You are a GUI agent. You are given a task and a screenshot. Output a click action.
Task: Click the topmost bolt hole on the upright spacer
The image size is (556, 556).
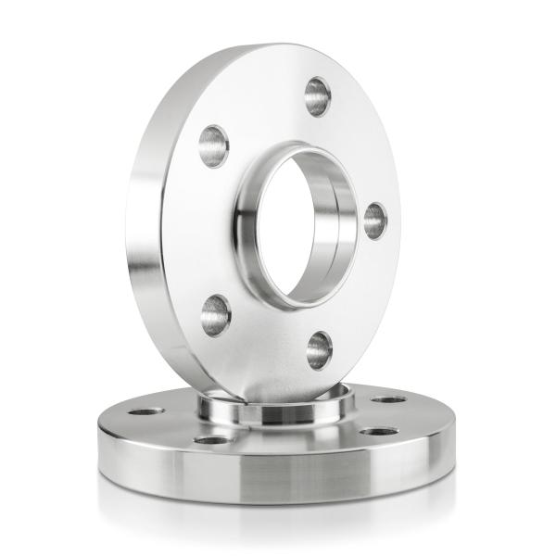click(318, 95)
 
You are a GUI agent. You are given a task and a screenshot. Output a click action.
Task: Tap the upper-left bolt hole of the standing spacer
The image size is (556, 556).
click(213, 145)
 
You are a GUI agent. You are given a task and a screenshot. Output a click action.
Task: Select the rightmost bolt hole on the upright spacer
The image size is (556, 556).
click(374, 221)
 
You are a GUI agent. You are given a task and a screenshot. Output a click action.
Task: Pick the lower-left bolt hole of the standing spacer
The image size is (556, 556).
click(215, 314)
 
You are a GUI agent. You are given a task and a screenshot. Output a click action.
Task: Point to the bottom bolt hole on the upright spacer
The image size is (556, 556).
click(319, 349)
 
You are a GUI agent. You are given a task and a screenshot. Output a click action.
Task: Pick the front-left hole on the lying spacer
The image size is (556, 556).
click(212, 439)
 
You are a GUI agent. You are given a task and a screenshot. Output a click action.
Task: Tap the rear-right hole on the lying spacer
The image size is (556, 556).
click(388, 400)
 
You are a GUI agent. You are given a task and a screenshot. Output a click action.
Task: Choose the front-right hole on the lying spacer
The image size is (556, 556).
click(378, 431)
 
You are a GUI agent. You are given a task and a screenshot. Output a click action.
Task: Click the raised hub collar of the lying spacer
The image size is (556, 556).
click(278, 412)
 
